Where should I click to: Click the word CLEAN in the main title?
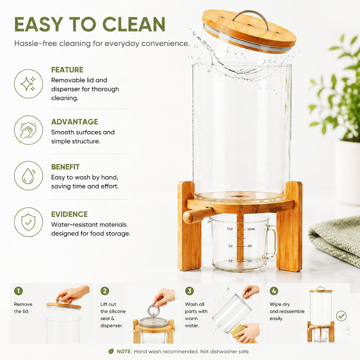(134, 24)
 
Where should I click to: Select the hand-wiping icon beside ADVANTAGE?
(28, 130)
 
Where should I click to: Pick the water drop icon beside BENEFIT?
(28, 176)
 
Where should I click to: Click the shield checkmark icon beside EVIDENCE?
(28, 222)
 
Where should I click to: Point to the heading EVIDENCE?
(69, 214)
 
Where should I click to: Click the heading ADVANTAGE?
(75, 122)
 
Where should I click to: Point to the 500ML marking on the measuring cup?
(251, 229)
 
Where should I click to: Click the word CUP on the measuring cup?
(230, 229)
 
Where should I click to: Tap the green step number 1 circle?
(18, 291)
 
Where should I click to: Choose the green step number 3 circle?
(189, 291)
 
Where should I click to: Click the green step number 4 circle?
(274, 291)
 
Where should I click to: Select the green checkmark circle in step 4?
(341, 316)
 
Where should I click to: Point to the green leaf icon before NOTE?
(111, 351)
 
